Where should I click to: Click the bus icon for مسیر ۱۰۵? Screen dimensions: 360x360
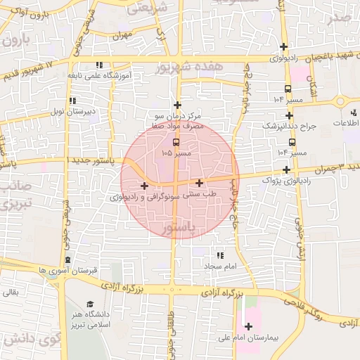point(176,141)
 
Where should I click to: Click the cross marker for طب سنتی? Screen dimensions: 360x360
point(200,183)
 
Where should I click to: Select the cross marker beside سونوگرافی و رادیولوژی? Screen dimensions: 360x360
point(144,186)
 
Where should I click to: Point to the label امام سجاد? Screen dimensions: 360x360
point(222,267)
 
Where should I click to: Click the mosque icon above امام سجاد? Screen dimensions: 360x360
point(219,256)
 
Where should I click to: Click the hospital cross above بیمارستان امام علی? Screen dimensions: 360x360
point(248,326)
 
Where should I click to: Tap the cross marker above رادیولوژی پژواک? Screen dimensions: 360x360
point(286,169)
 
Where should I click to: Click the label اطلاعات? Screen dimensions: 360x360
point(346,123)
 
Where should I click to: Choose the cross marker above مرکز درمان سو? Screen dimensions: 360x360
point(177,105)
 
